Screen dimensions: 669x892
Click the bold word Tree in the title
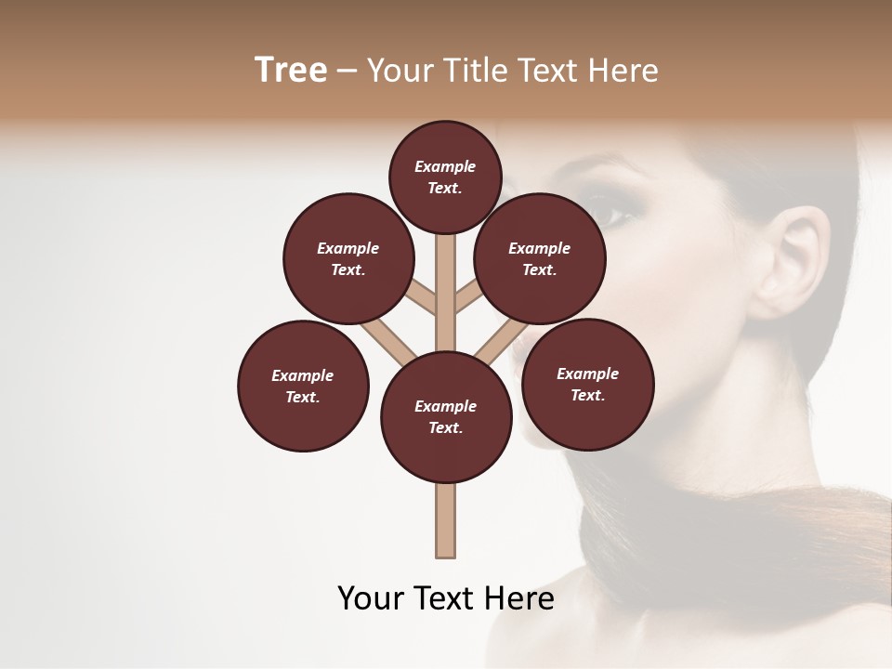[x=291, y=70]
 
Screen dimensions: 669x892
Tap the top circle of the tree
[x=445, y=177]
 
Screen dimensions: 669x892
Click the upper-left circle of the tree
[x=348, y=258]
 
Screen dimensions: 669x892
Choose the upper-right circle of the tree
[x=540, y=258]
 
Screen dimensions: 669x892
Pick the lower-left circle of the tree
[x=303, y=386]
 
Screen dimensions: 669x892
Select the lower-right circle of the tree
[x=588, y=384]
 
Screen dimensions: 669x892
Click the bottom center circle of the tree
[x=446, y=417]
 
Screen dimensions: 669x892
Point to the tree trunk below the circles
[x=446, y=520]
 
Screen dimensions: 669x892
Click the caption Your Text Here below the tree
[x=446, y=598]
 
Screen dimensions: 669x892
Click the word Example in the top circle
[x=445, y=166]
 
